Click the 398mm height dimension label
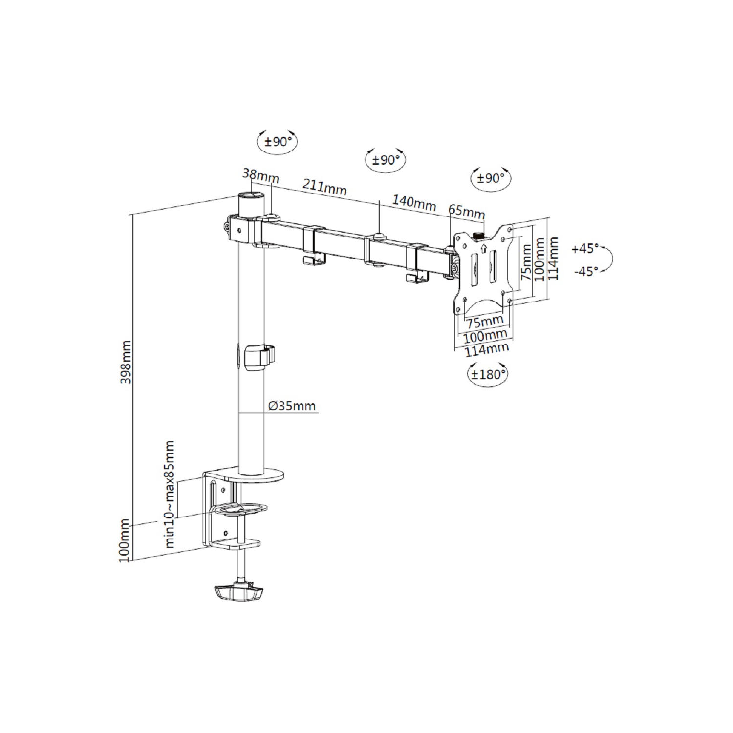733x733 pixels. [126, 362]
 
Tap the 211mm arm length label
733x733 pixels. [324, 187]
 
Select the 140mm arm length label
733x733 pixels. [414, 202]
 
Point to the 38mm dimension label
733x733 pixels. [260, 176]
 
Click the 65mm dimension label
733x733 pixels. [467, 212]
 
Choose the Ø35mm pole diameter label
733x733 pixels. [292, 406]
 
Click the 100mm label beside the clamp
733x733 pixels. [125, 541]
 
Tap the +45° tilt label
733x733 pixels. [585, 249]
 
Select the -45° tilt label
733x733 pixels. [586, 271]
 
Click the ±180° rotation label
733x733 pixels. [487, 375]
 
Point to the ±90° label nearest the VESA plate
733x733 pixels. [490, 178]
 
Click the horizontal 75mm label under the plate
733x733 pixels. [484, 322]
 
